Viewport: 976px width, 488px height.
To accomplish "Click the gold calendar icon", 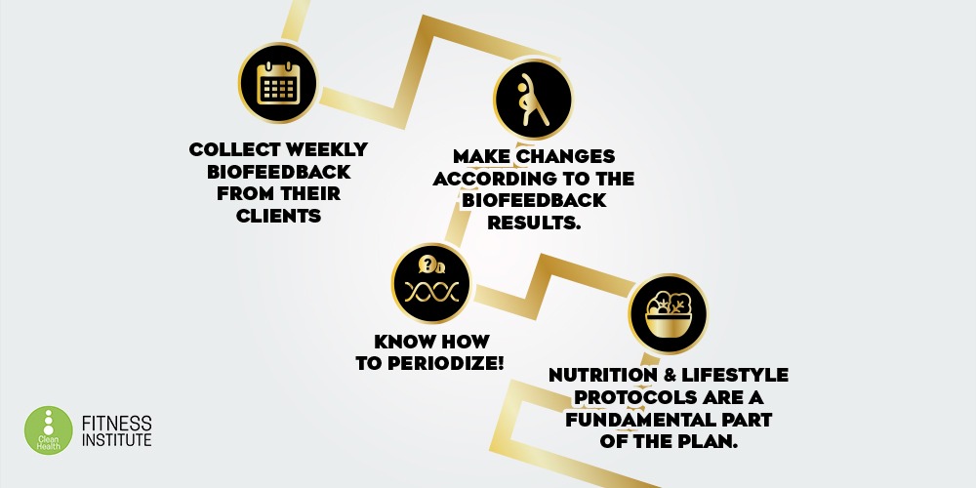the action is [278, 82].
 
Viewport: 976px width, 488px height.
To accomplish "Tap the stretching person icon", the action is [533, 100].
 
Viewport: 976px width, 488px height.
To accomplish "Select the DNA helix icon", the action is [431, 291].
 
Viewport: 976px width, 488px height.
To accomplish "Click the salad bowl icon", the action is [669, 313].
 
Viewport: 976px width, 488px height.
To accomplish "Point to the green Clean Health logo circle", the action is [49, 430].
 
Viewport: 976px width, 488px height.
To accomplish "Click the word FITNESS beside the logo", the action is [116, 424].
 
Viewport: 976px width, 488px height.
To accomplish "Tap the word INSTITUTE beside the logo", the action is [116, 439].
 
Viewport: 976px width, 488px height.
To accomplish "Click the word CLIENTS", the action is [279, 216].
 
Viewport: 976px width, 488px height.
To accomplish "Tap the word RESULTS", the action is [534, 223].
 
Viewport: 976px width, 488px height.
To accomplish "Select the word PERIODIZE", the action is [447, 364].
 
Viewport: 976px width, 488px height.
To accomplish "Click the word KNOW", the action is [403, 342].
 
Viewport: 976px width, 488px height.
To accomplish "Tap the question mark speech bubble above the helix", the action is [427, 264].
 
